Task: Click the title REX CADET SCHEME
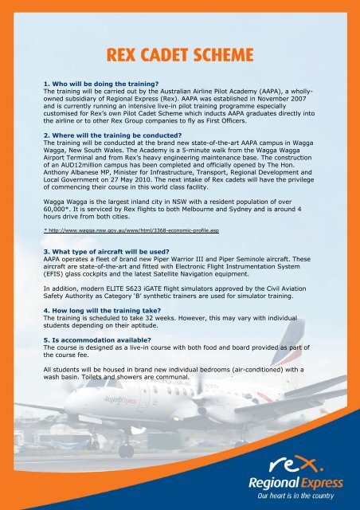coord(179,55)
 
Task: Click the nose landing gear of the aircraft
coord(127,449)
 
